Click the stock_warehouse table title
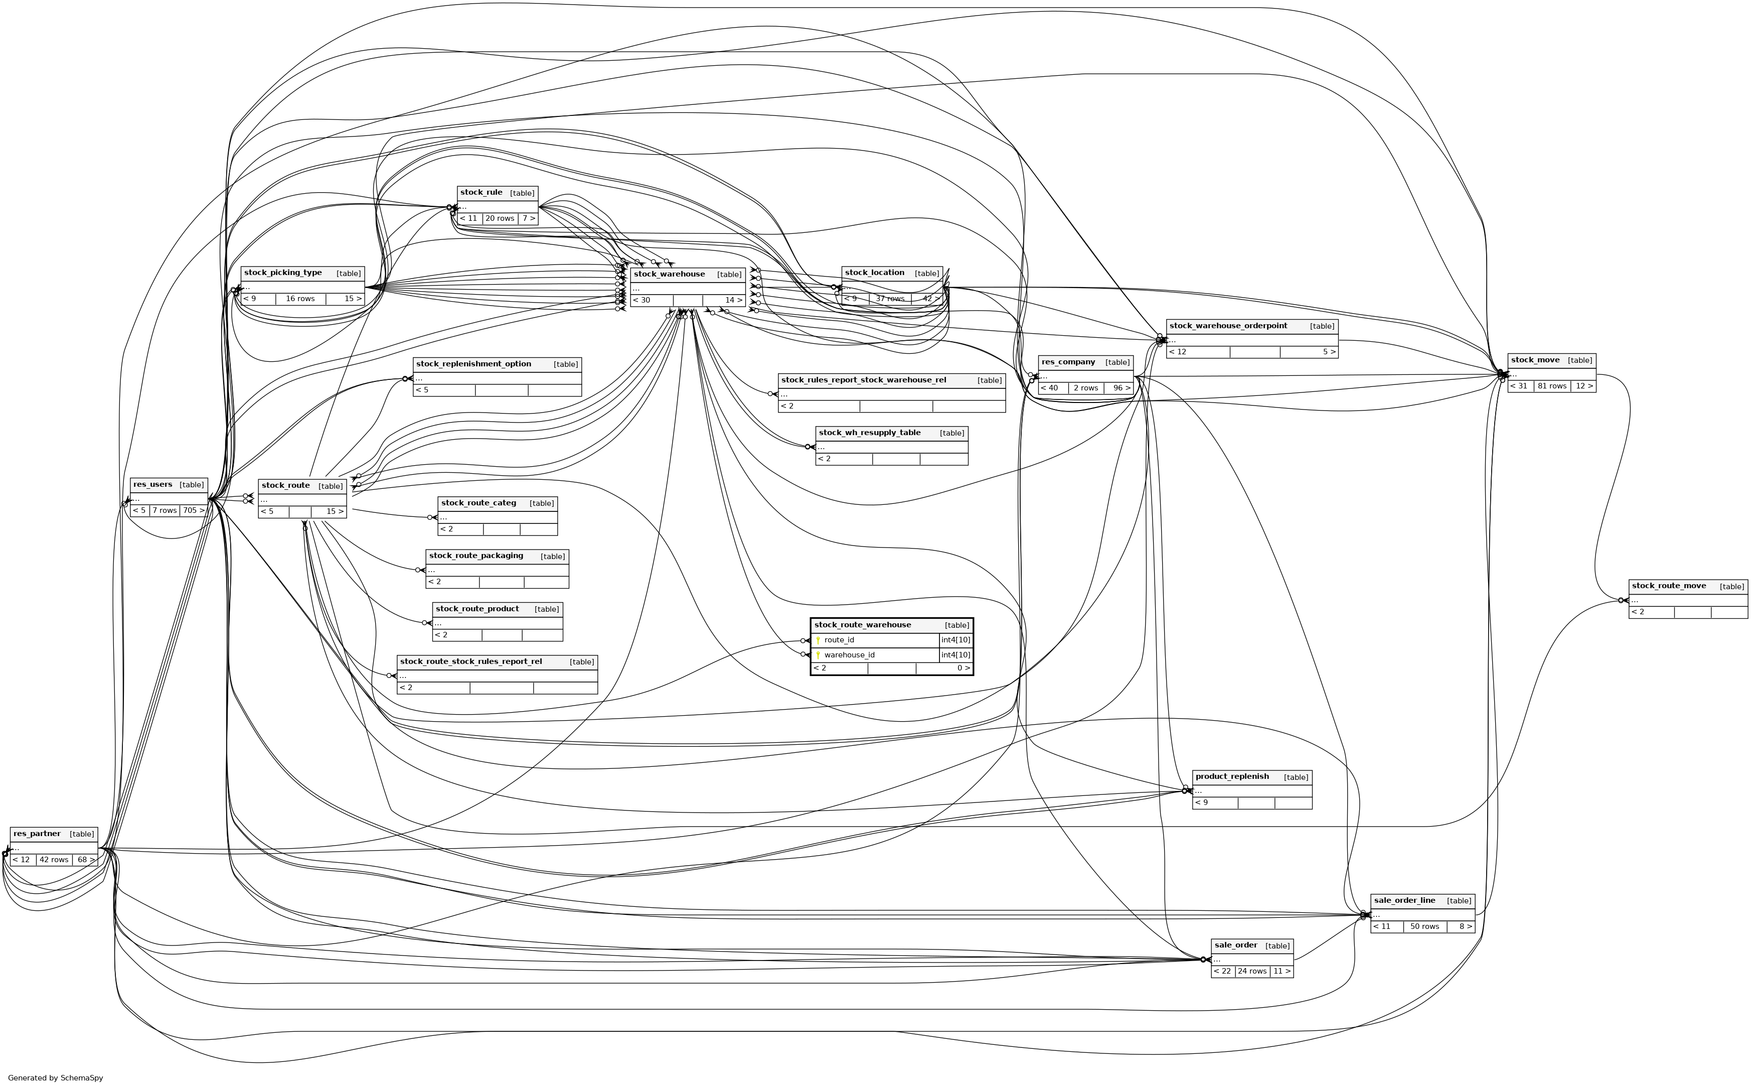click(x=669, y=274)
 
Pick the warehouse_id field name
click(x=849, y=655)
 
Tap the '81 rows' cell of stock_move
click(x=1552, y=386)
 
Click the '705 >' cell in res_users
click(x=193, y=511)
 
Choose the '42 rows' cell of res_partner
click(x=54, y=860)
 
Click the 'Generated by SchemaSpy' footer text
click(x=55, y=1078)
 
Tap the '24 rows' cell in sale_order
click(x=1252, y=972)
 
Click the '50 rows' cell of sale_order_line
click(x=1424, y=927)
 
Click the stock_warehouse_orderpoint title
click(x=1228, y=326)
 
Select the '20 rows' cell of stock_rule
click(x=500, y=219)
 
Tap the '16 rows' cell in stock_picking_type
click(x=300, y=299)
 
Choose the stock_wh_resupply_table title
click(x=869, y=433)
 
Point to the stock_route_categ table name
click(x=478, y=503)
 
